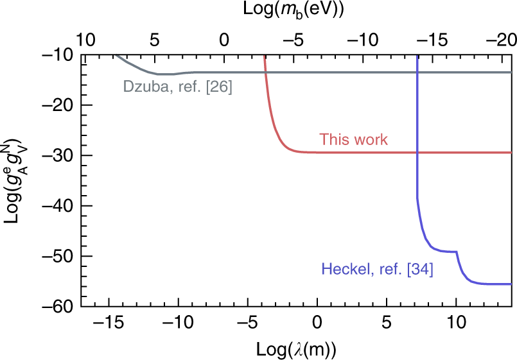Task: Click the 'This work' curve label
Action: [353, 139]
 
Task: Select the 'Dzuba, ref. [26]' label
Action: [177, 85]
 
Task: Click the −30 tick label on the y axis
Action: [57, 155]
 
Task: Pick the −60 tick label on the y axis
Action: [57, 306]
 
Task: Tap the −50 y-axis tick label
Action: [57, 256]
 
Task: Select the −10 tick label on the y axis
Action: [57, 55]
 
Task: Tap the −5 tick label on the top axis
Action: [294, 40]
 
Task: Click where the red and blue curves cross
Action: [417, 153]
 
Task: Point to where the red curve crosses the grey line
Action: [265, 73]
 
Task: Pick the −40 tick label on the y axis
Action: [57, 206]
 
